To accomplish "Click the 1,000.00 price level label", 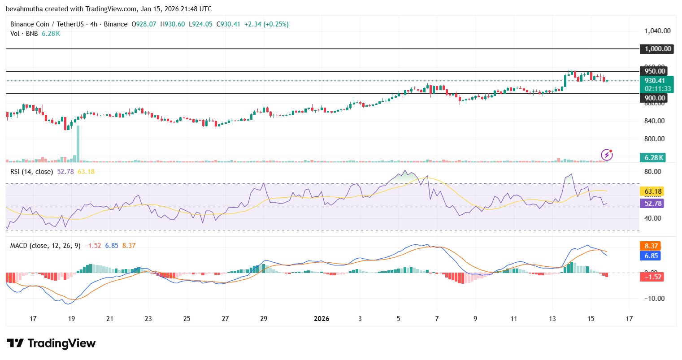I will (658, 49).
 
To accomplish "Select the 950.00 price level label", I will (655, 71).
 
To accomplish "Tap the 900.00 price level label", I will (655, 98).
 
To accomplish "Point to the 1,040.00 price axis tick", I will (657, 31).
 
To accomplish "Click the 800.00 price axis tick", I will (655, 139).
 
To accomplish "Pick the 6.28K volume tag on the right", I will (653, 158).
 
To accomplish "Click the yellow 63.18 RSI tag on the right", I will (653, 191).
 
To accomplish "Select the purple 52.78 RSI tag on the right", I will (653, 204).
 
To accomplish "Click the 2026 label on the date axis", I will (321, 319).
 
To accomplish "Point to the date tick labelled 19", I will (71, 319).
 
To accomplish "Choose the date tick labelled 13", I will (552, 319).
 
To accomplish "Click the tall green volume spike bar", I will (78, 143).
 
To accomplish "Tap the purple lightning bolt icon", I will (607, 155).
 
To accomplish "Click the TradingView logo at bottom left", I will (51, 343).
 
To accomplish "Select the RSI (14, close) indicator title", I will (31, 172).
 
